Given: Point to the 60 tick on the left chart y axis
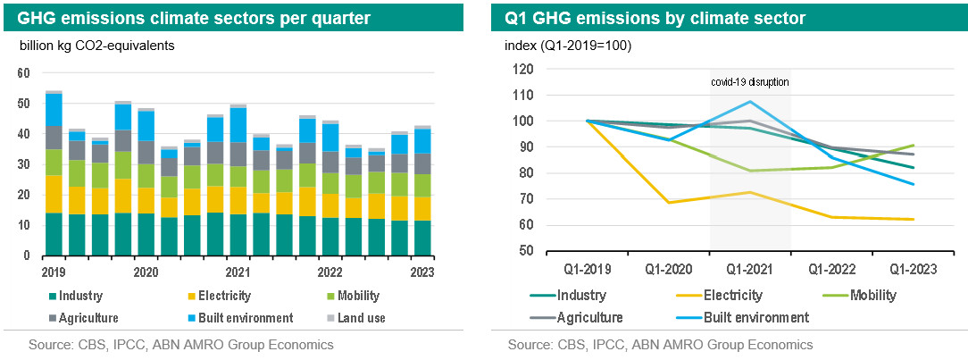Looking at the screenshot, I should [x=24, y=73].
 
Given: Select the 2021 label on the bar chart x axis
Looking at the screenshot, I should [x=237, y=272].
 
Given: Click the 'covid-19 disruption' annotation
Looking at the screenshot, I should [x=750, y=82].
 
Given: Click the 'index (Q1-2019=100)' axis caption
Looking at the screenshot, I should [x=569, y=46].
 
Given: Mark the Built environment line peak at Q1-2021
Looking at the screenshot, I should [x=750, y=101].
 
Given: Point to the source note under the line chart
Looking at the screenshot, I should [x=660, y=345].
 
